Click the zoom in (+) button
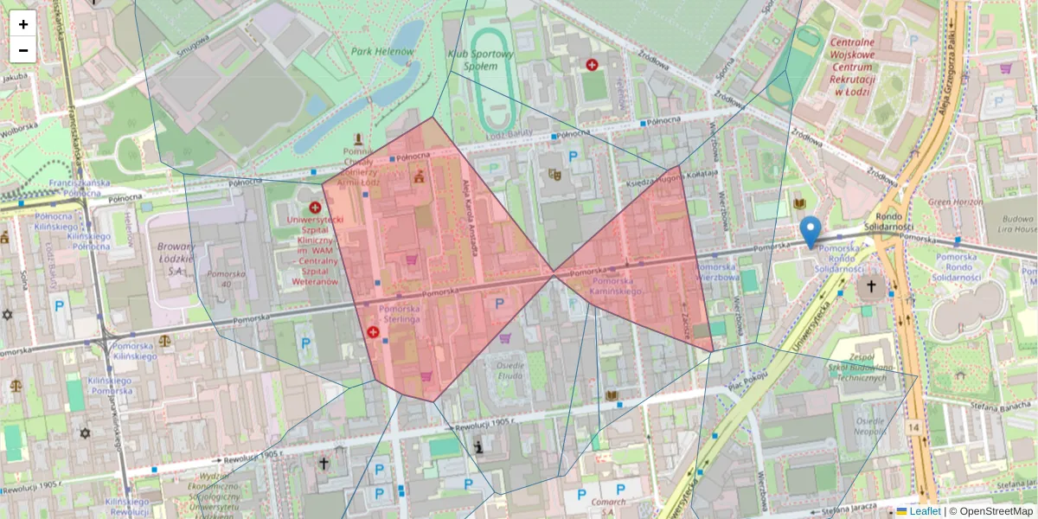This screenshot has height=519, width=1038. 23,23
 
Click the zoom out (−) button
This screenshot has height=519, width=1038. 23,50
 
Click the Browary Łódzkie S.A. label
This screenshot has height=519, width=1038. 176,258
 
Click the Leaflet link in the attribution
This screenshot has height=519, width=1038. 925,511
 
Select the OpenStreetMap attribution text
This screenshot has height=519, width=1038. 996,511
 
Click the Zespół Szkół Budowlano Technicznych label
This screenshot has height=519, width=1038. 857,367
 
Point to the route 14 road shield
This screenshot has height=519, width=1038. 914,427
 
